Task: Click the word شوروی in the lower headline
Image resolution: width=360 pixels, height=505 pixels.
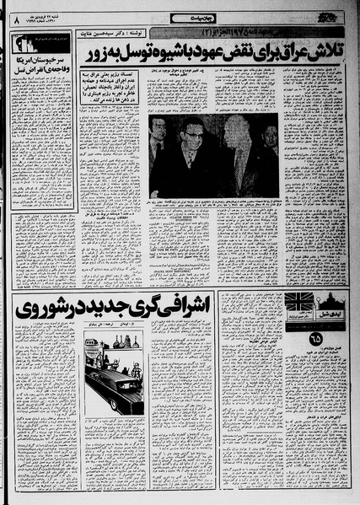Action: [38, 308]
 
